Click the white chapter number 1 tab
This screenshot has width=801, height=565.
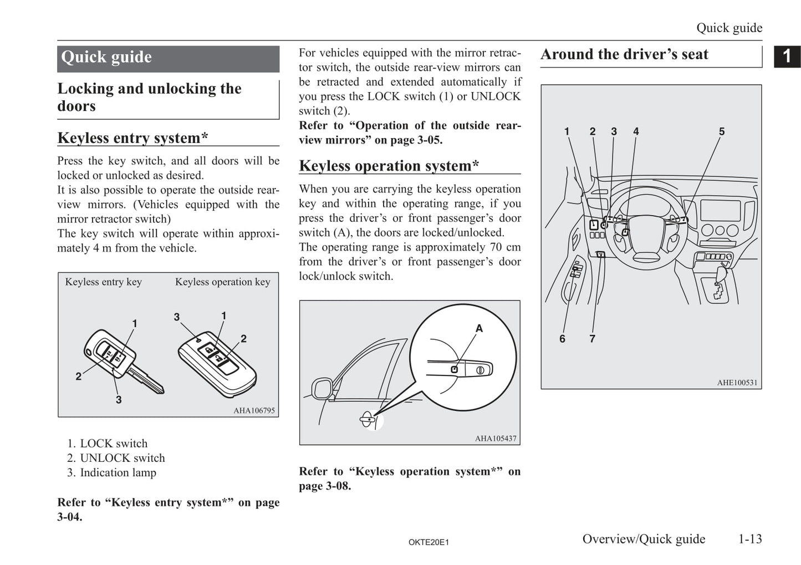(x=787, y=56)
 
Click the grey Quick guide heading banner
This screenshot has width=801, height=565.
(x=168, y=58)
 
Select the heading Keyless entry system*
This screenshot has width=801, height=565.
(x=132, y=138)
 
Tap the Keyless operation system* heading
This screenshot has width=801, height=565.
(x=389, y=165)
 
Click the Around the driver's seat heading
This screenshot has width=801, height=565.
(x=624, y=54)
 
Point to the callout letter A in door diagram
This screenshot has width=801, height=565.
(x=479, y=328)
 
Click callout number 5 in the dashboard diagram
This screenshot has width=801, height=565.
(x=722, y=131)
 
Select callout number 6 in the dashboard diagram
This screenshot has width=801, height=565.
(x=562, y=338)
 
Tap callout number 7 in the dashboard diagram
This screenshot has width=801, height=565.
(x=593, y=338)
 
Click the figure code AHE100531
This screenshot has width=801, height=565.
(x=737, y=383)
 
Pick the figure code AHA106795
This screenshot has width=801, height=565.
(x=254, y=411)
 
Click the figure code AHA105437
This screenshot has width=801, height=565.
(x=496, y=439)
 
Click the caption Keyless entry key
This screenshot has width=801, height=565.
(x=104, y=282)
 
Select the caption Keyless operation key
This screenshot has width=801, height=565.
(x=223, y=282)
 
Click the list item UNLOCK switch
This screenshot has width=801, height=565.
(x=122, y=458)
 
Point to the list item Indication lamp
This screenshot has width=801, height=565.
(x=118, y=472)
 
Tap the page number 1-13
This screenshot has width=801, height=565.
(x=749, y=539)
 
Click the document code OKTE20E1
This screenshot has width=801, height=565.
(x=428, y=542)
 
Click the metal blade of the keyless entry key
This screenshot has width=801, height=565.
(x=146, y=381)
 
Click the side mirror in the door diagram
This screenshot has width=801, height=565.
(x=322, y=388)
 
